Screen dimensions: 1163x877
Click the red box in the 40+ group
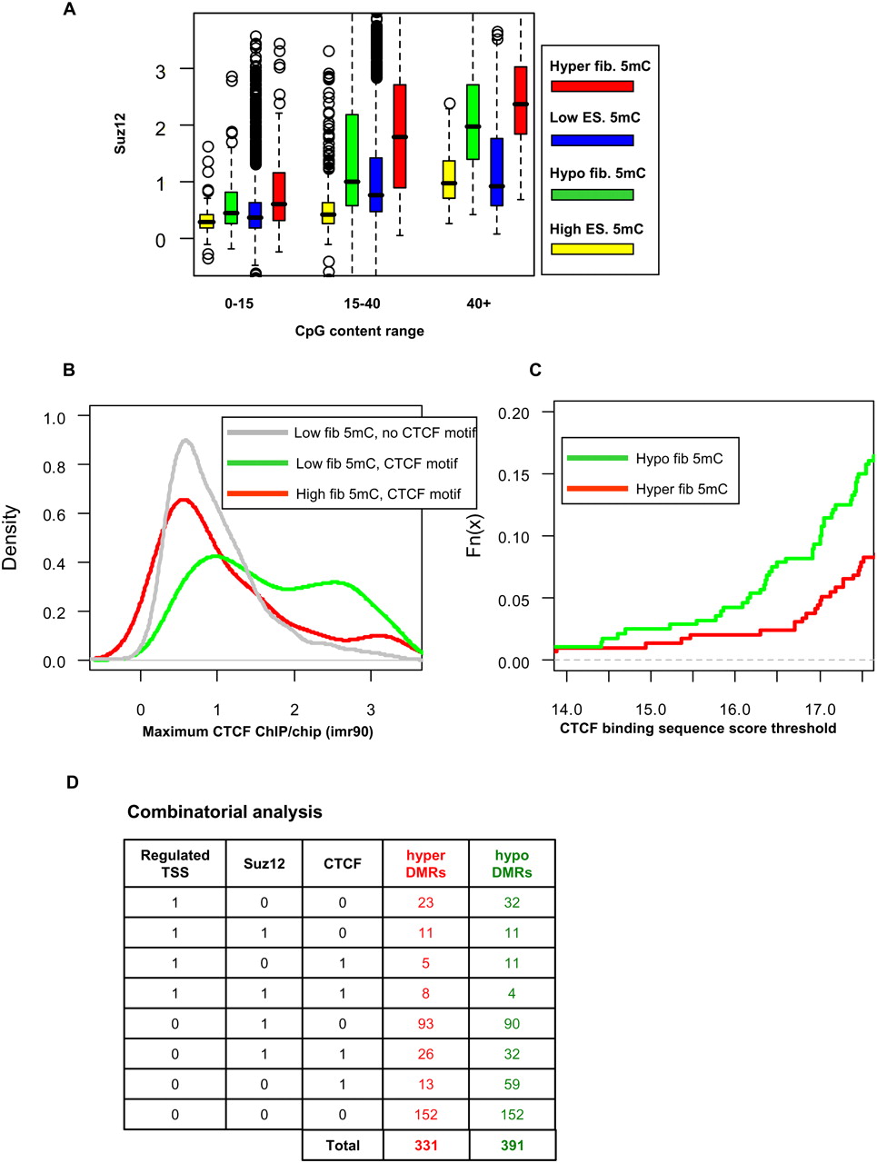pyautogui.click(x=520, y=100)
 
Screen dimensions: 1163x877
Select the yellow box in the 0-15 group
pyautogui.click(x=206, y=221)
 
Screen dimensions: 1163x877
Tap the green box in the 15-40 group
pyautogui.click(x=352, y=159)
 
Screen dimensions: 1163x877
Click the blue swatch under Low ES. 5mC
pyautogui.click(x=592, y=141)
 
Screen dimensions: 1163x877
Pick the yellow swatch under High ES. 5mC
pyautogui.click(x=592, y=249)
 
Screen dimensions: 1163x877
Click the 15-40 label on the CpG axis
pyautogui.click(x=361, y=303)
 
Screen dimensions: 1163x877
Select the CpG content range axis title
pyautogui.click(x=359, y=331)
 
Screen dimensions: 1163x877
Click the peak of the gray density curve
pyautogui.click(x=185, y=441)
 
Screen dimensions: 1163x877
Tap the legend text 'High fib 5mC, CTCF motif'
pyautogui.click(x=378, y=494)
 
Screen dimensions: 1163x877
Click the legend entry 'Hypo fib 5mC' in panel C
pyautogui.click(x=679, y=459)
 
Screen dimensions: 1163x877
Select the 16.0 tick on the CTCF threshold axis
pyautogui.click(x=735, y=709)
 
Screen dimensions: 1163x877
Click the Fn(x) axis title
pyautogui.click(x=473, y=536)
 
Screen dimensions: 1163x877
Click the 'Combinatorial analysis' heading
pyautogui.click(x=224, y=811)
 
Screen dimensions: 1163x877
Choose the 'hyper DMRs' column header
pyautogui.click(x=425, y=863)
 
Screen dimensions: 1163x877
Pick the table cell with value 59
pyautogui.click(x=512, y=1084)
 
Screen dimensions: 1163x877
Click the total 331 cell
pyautogui.click(x=425, y=1145)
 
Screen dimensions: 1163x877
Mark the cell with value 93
pyautogui.click(x=425, y=1024)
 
